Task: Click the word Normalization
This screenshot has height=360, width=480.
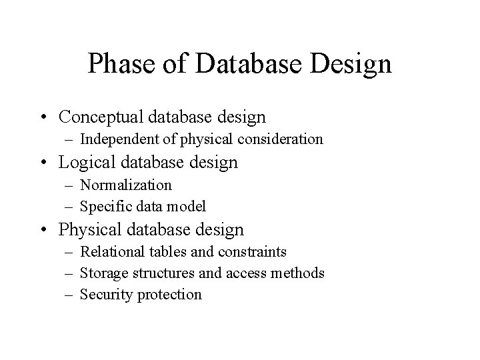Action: click(x=126, y=184)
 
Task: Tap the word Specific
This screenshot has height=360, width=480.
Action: click(x=105, y=206)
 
